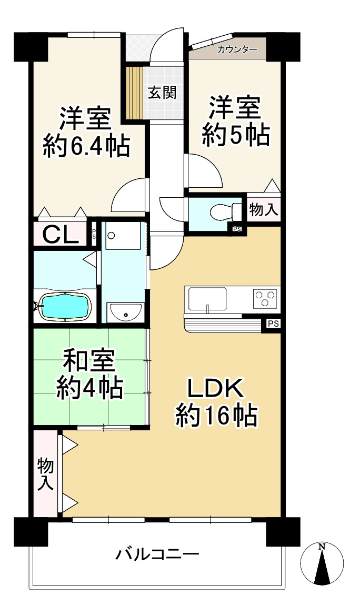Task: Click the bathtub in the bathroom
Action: click(x=66, y=305)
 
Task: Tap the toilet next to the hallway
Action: click(x=226, y=212)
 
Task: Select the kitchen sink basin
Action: click(x=207, y=299)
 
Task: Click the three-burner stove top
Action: click(x=265, y=297)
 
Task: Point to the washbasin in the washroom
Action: click(x=125, y=312)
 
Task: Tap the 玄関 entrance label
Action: click(x=162, y=93)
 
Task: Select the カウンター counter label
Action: click(x=237, y=49)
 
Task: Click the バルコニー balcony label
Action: click(x=157, y=554)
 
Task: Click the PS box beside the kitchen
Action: click(x=274, y=324)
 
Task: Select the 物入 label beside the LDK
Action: click(x=46, y=474)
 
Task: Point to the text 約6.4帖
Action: click(x=86, y=147)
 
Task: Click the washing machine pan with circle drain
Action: click(x=123, y=235)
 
